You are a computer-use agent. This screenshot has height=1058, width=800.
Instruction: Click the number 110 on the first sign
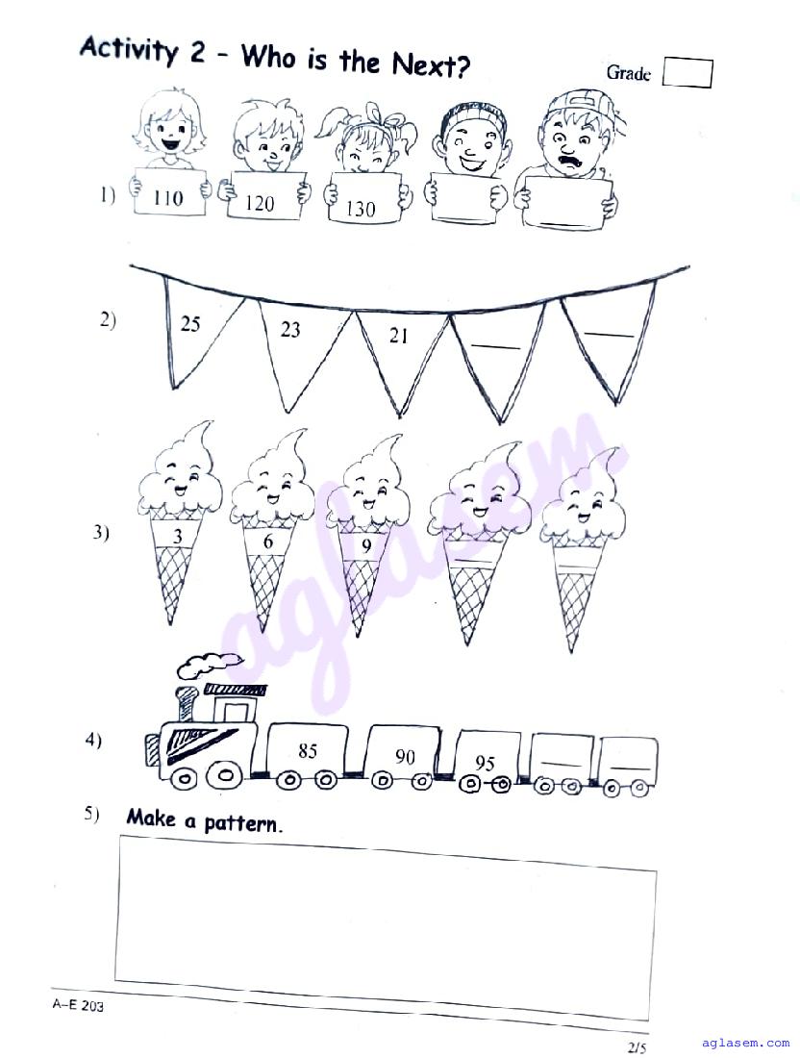(x=168, y=198)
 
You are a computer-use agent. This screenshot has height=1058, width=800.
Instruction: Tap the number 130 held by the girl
(x=361, y=209)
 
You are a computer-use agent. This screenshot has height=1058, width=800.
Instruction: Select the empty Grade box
(x=687, y=73)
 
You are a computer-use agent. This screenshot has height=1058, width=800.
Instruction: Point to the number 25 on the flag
(x=190, y=324)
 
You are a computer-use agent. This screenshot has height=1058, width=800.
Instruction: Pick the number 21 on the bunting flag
(x=399, y=336)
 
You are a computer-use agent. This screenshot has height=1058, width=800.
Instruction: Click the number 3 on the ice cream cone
(x=177, y=537)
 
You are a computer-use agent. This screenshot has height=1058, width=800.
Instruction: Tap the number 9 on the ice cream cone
(x=366, y=546)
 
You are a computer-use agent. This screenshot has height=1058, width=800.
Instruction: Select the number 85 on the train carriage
(x=308, y=750)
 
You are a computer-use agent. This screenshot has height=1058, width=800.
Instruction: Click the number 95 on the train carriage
(x=485, y=763)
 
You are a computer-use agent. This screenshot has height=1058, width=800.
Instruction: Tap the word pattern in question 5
(x=241, y=822)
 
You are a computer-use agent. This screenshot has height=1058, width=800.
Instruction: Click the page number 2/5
(x=637, y=1047)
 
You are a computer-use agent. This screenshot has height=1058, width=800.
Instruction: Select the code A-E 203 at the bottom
(x=78, y=1005)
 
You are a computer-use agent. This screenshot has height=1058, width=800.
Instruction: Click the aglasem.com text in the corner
(x=745, y=1043)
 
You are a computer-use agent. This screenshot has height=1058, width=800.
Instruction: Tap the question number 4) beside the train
(x=93, y=741)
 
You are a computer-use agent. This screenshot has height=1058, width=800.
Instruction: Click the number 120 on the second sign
(x=260, y=203)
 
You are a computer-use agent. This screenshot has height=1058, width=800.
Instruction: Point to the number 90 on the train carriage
(x=405, y=756)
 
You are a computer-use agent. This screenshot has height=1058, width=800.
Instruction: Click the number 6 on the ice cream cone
(x=268, y=542)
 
